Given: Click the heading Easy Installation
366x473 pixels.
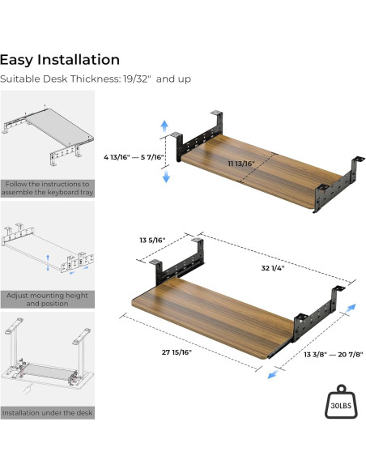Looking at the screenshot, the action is [60, 60].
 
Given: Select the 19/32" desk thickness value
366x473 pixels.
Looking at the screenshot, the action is [137, 79].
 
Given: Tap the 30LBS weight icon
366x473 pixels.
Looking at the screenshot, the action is [341, 402].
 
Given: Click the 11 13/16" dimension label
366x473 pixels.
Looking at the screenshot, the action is [241, 164].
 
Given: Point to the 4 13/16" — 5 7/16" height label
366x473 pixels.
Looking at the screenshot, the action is [134, 157].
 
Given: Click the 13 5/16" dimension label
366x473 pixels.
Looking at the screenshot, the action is [152, 240].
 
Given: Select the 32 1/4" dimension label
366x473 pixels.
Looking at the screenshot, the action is [273, 268].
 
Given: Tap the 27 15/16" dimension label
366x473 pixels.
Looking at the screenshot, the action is [177, 352].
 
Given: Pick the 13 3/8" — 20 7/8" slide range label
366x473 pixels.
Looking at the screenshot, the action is [334, 354].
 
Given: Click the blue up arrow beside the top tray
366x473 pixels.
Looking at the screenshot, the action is [164, 126].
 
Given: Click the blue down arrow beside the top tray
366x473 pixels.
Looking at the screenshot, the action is [166, 177].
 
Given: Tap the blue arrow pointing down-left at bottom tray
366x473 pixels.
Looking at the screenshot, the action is [273, 375].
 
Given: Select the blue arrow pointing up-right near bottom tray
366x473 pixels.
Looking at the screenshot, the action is [351, 309].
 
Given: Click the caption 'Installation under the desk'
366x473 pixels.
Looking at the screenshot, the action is [47, 413].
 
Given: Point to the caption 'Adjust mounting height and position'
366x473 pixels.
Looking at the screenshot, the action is [47, 299].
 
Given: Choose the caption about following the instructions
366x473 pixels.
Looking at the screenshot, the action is [47, 188].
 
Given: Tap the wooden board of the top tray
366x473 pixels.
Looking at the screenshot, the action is [262, 171].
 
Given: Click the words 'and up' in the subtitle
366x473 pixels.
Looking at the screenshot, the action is [173, 79].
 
